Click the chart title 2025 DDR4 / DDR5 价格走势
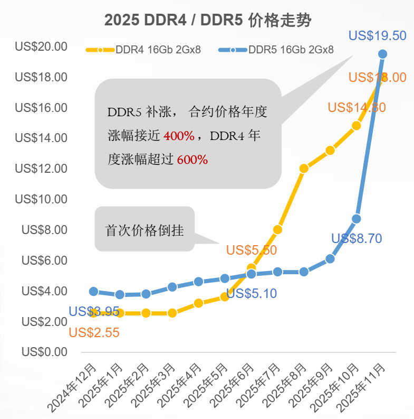(x=208, y=21)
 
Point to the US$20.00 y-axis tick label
(x=41, y=46)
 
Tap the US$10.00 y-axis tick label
(x=41, y=199)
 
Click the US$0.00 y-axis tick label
(x=44, y=352)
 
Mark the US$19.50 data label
(x=378, y=36)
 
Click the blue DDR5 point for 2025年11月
(x=383, y=54)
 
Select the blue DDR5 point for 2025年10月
(x=357, y=219)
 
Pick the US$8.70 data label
(x=357, y=238)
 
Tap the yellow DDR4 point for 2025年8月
(x=304, y=169)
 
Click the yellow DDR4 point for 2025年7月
(x=277, y=229)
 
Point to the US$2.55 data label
(x=94, y=333)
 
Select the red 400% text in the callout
(x=179, y=136)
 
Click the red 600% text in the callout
(x=192, y=159)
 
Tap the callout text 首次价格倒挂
(x=145, y=231)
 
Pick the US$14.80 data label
(x=357, y=107)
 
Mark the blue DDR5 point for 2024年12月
(x=93, y=291)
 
